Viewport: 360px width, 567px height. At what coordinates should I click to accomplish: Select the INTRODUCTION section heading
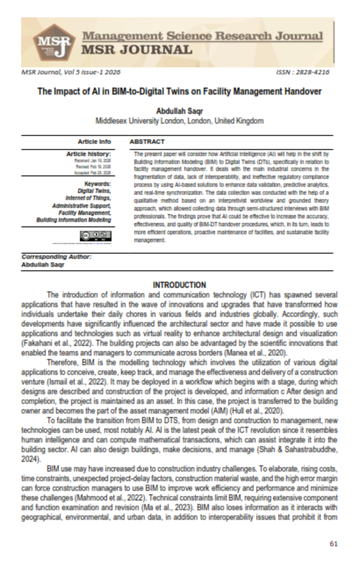point(180,285)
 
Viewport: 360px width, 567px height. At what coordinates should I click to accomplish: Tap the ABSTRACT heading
point(147,142)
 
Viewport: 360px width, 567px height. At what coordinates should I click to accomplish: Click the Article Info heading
point(94,142)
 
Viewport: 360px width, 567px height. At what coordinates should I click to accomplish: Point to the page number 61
point(334,544)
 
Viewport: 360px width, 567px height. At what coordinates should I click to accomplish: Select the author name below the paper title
point(180,111)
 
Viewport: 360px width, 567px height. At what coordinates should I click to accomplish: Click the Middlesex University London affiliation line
point(180,121)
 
